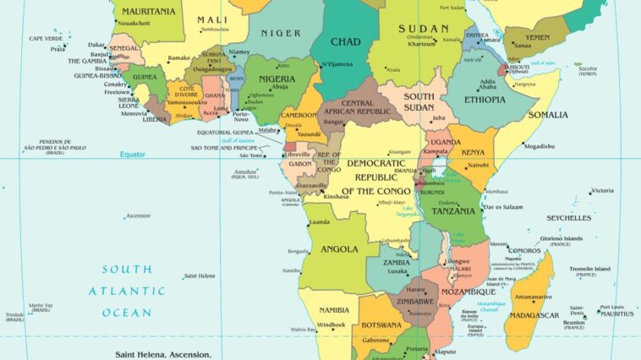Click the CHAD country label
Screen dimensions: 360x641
[345, 42]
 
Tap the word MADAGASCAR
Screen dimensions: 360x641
[534, 315]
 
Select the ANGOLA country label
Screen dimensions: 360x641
[340, 250]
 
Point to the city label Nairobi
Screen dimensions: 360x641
[478, 166]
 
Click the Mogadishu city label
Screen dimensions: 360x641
[539, 146]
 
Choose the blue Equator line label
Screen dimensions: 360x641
[132, 155]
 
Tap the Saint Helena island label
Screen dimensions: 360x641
[201, 275]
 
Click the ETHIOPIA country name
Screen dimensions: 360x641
[485, 99]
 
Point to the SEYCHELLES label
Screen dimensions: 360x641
[568, 218]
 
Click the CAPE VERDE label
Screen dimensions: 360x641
[47, 39]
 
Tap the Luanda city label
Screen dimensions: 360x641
[320, 222]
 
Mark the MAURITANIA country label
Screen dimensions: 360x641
[149, 12]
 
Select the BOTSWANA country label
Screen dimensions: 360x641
[381, 325]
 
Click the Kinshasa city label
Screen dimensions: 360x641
[336, 196]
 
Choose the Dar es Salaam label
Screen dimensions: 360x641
[503, 206]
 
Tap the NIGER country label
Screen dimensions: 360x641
[281, 33]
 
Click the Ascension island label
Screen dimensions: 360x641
[137, 215]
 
